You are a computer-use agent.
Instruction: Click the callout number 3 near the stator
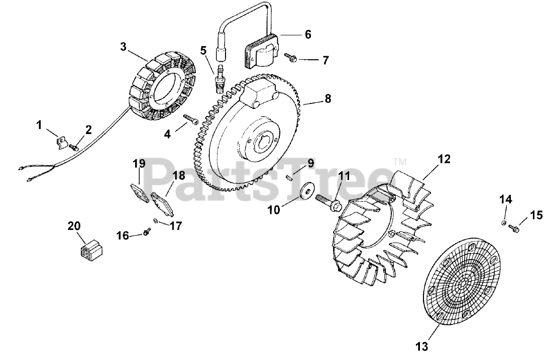[123, 47]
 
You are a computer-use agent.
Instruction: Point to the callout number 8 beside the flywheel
[327, 99]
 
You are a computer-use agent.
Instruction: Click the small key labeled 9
[289, 176]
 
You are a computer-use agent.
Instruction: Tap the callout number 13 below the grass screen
[422, 346]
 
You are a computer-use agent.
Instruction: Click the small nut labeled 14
[504, 222]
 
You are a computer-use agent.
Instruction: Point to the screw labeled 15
[515, 228]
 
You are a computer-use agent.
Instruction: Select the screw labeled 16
[147, 231]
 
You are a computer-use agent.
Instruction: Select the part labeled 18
[161, 202]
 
